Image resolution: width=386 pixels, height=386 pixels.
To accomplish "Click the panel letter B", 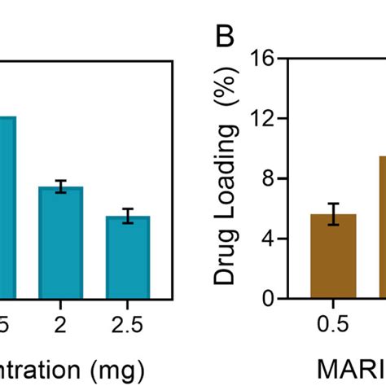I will [226, 37].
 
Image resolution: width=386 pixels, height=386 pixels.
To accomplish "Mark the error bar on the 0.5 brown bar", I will [333, 214].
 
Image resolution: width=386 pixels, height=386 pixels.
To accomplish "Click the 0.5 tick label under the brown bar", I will [333, 324].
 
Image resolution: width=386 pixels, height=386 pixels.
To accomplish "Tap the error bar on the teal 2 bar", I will [61, 186].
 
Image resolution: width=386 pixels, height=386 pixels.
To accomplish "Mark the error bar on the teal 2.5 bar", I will [128, 217].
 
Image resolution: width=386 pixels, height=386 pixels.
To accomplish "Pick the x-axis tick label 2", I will [61, 324].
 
